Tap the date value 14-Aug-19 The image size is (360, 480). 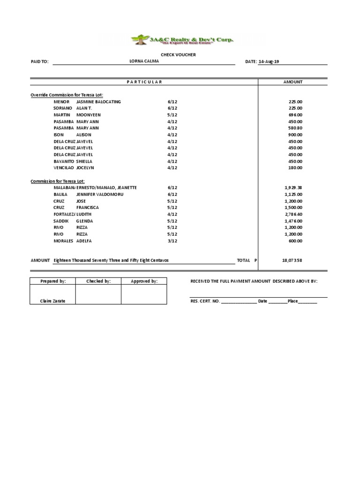click(x=269, y=62)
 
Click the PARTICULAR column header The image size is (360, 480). click(x=144, y=82)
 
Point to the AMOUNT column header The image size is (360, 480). click(x=292, y=82)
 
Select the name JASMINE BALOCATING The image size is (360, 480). click(x=98, y=102)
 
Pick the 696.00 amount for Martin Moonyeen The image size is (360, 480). click(x=295, y=115)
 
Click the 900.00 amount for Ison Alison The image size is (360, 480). click(x=295, y=135)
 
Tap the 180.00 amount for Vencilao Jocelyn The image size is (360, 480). click(x=295, y=168)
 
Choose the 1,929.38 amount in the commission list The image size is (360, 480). click(x=293, y=187)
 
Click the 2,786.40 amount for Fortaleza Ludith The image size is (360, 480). click(x=293, y=214)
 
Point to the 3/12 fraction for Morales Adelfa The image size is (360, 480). click(x=172, y=241)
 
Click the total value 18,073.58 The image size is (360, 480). click(x=292, y=260)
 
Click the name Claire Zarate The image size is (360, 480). click(x=52, y=301)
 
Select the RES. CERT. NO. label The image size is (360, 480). click(x=205, y=301)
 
